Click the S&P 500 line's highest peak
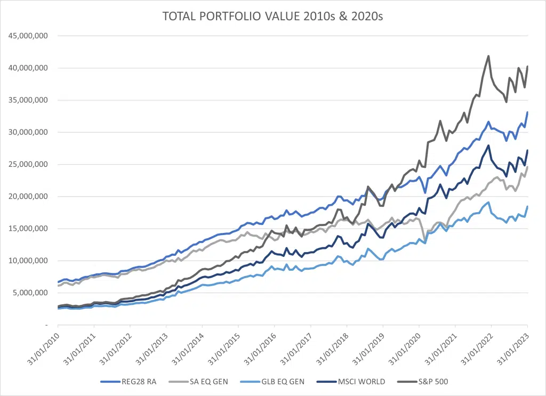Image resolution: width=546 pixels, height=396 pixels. (x=488, y=56)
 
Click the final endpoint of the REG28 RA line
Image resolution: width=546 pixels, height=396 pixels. (x=527, y=112)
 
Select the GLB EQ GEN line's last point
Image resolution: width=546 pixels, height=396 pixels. (x=527, y=206)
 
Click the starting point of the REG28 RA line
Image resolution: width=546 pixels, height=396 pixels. (x=58, y=282)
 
